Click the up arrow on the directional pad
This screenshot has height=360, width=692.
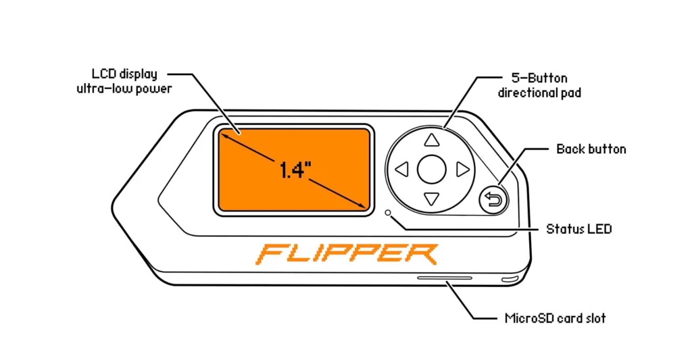coord(432,140)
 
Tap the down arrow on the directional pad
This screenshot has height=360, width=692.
coord(432,199)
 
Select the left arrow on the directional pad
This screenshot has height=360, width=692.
coord(402,170)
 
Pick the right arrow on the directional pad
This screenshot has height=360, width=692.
coord(462,170)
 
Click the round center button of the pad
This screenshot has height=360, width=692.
coord(432,170)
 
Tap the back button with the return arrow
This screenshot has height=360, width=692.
coord(493,201)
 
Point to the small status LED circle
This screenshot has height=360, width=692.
coord(388,213)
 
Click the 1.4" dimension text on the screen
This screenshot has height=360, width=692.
coord(295,170)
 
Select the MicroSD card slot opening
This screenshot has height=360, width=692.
coord(445,278)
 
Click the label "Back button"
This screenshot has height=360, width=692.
coord(591,149)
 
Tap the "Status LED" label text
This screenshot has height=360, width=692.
coord(578,229)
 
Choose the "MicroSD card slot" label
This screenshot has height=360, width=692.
coord(555,318)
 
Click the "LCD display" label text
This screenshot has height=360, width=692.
coord(124,74)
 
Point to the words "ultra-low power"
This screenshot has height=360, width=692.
coord(124,89)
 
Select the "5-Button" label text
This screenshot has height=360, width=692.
coord(539,78)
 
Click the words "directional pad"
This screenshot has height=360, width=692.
coord(539,93)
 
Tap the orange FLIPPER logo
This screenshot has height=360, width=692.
coord(347,254)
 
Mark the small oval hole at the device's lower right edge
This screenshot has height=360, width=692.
coord(510,279)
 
